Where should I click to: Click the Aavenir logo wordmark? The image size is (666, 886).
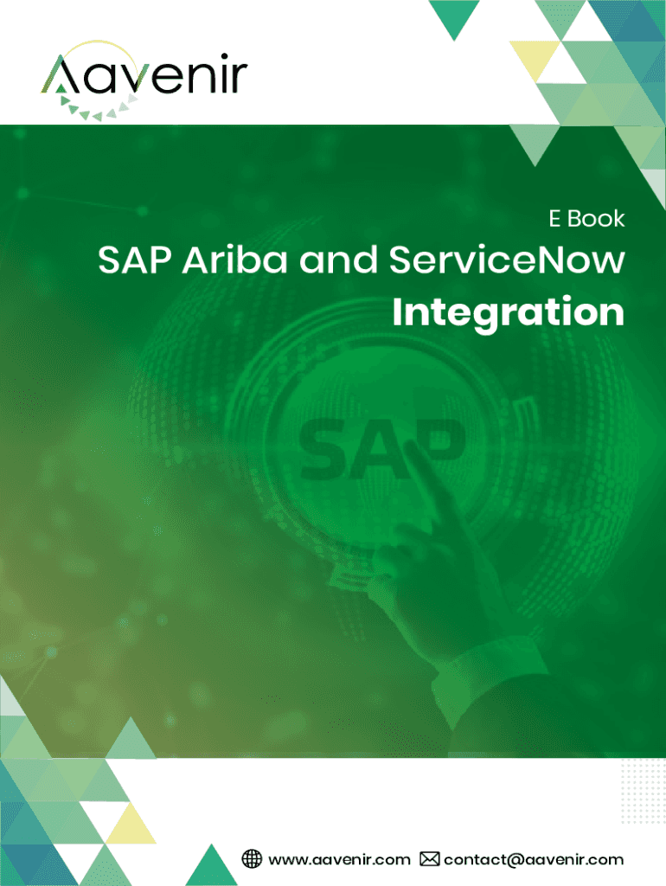(x=144, y=74)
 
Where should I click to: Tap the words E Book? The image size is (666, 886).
(x=586, y=219)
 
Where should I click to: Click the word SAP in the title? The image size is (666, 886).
(x=134, y=260)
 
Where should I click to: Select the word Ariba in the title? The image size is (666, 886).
(x=234, y=260)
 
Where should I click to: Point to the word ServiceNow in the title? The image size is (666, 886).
(x=507, y=260)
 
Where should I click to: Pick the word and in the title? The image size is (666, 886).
(x=338, y=260)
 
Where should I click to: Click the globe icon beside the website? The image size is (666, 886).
(x=252, y=859)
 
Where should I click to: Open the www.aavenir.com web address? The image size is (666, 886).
(x=339, y=860)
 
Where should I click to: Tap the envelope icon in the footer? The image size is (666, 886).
(x=429, y=859)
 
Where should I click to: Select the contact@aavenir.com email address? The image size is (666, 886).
(x=534, y=860)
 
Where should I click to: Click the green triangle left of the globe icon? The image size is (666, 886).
(x=212, y=864)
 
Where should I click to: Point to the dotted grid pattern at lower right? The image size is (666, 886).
(x=643, y=790)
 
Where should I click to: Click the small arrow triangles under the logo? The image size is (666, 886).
(x=99, y=108)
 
